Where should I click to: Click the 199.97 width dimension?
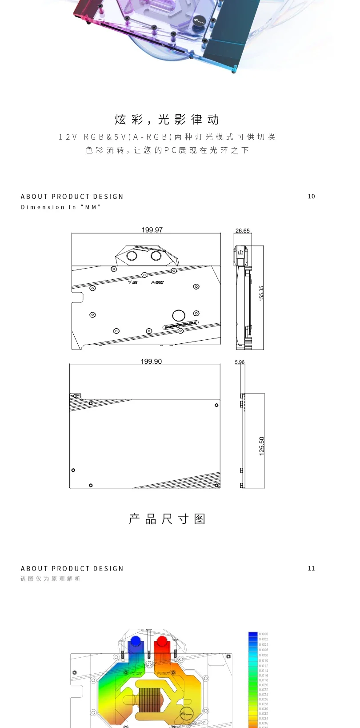[152, 230]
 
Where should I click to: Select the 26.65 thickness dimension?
[243, 231]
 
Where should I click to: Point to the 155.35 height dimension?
[261, 294]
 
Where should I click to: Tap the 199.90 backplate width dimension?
[151, 361]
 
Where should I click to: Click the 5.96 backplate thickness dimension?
[240, 362]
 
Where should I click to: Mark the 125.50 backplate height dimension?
[262, 446]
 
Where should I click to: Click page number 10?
[311, 196]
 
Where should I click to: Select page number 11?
[311, 568]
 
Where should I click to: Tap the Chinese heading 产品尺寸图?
[167, 519]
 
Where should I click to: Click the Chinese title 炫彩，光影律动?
[167, 119]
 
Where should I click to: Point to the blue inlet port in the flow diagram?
[135, 642]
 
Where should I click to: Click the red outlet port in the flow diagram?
[162, 642]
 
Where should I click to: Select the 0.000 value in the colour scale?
[264, 634]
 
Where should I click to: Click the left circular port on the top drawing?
[132, 256]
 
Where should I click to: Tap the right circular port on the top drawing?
[156, 256]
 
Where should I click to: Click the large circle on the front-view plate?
[179, 315]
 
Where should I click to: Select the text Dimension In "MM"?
[61, 207]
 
